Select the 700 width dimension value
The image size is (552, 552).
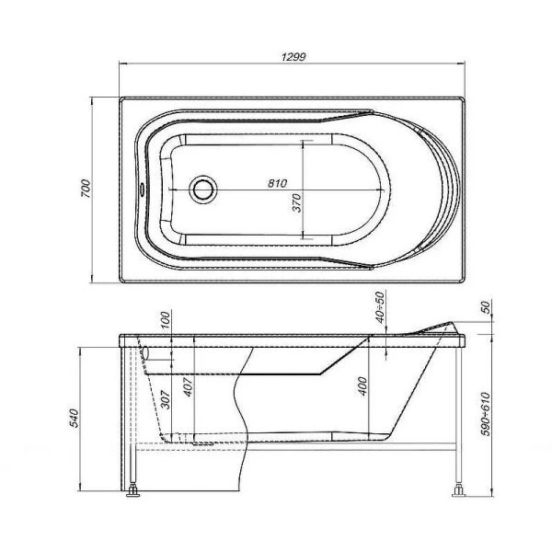[85, 189]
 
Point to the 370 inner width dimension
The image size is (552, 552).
[297, 202]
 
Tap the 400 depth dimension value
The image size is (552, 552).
[362, 387]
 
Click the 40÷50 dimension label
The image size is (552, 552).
[379, 305]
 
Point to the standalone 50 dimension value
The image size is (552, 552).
[487, 306]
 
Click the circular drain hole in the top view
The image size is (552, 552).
[203, 190]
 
